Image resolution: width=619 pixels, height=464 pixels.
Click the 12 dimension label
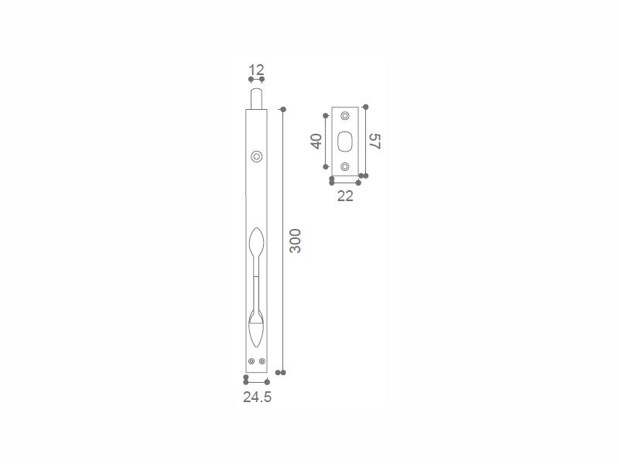pyautogui.click(x=256, y=70)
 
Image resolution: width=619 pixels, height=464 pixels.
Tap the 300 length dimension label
pyautogui.click(x=296, y=241)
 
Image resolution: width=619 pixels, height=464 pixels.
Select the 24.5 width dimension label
pyautogui.click(x=258, y=397)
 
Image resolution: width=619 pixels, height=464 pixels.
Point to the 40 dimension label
pyautogui.click(x=316, y=142)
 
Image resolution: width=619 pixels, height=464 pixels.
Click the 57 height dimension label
pyautogui.click(x=374, y=142)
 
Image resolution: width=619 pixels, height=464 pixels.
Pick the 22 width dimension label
pyautogui.click(x=345, y=196)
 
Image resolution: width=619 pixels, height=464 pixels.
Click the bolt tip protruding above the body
pyautogui.click(x=257, y=99)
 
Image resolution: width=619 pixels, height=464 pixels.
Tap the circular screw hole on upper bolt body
pyautogui.click(x=257, y=157)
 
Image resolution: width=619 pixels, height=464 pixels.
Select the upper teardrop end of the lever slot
pyautogui.click(x=257, y=241)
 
